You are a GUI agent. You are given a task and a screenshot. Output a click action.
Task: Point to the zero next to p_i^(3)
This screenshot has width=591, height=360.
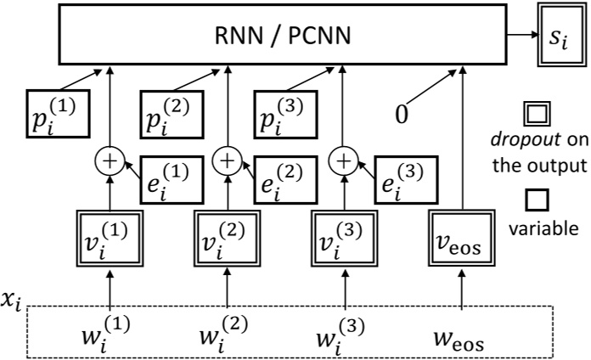(403, 111)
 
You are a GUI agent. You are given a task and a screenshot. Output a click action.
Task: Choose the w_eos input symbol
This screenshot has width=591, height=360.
(461, 331)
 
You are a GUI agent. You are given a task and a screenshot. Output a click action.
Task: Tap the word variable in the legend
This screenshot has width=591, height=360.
(540, 205)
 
